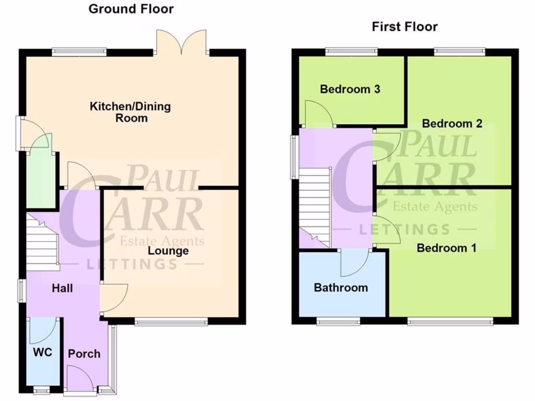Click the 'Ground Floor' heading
(x=131, y=9)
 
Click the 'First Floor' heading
(x=404, y=27)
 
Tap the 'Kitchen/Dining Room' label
(x=131, y=112)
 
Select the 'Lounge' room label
(x=168, y=251)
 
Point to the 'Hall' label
(x=62, y=288)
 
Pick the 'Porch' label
(x=84, y=353)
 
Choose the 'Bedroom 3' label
(x=350, y=89)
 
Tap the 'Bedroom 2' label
(x=452, y=124)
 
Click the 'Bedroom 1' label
(x=446, y=248)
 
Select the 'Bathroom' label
(x=341, y=288)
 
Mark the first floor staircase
(x=314, y=206)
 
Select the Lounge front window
(x=171, y=322)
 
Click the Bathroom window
(x=338, y=322)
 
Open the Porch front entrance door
(x=80, y=380)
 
